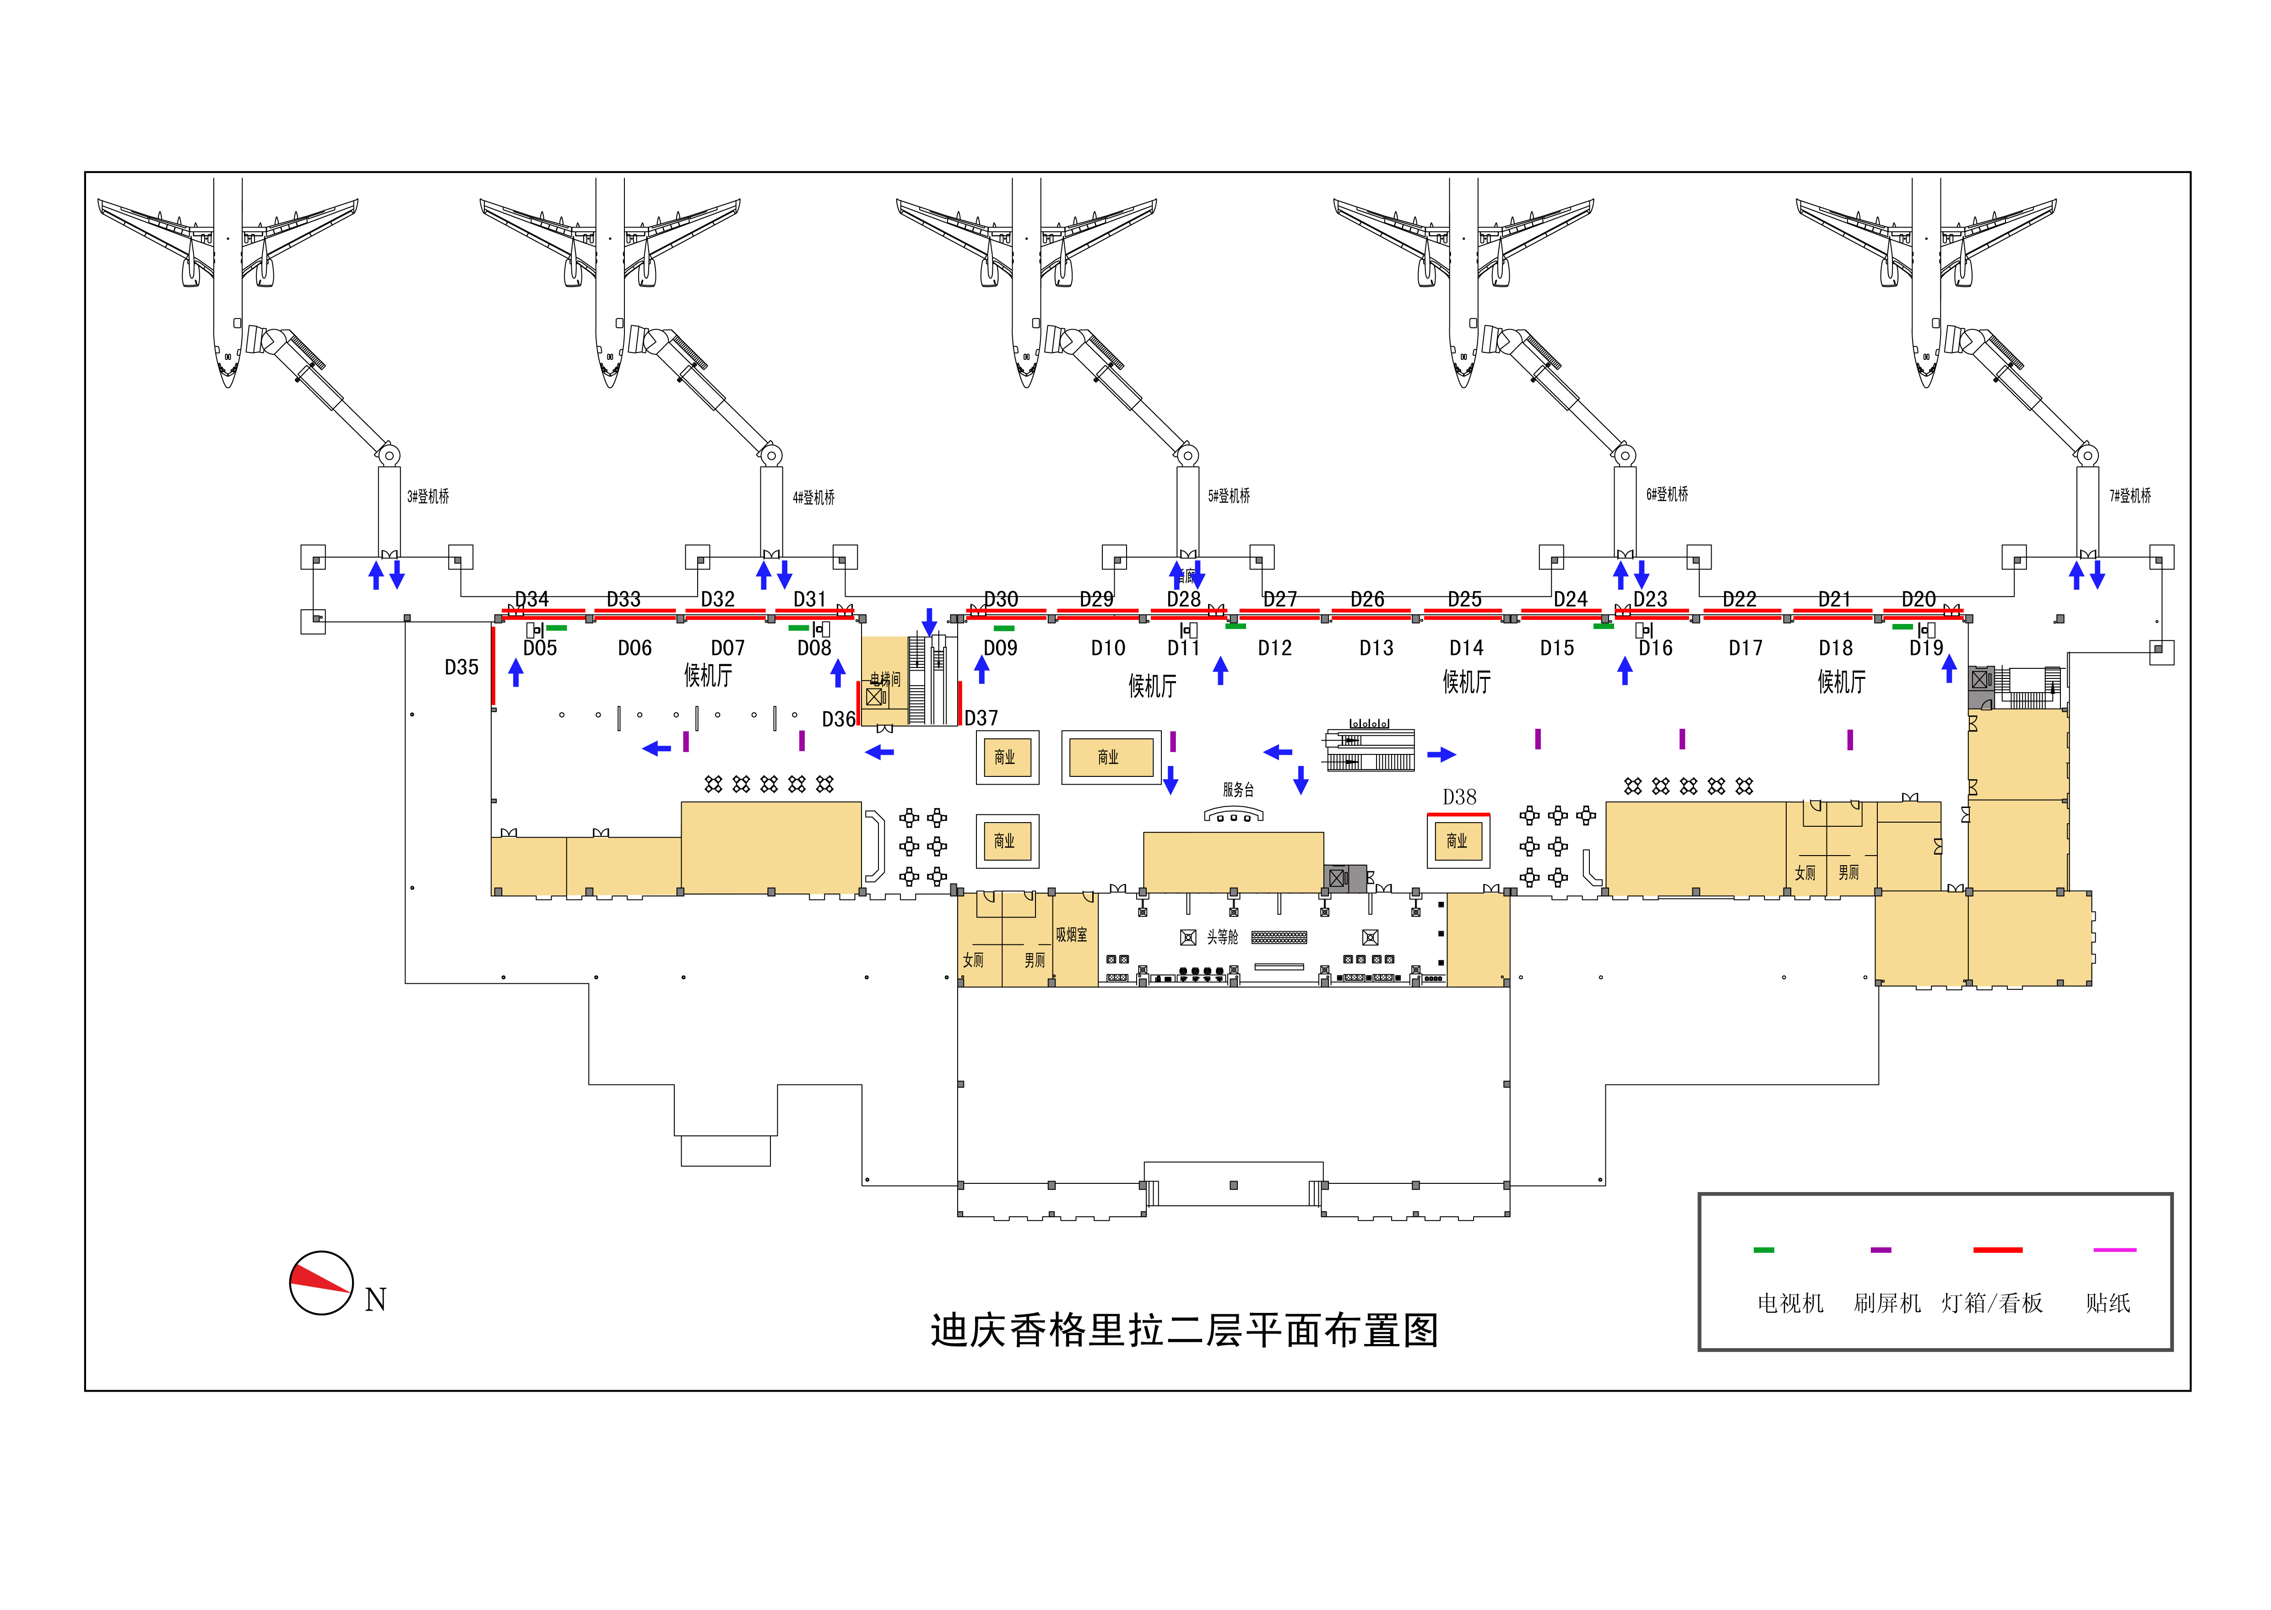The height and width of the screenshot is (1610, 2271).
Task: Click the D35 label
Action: pyautogui.click(x=461, y=667)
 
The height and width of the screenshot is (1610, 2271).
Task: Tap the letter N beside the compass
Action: pyautogui.click(x=375, y=1300)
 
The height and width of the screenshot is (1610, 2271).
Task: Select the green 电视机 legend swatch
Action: pyautogui.click(x=1763, y=1250)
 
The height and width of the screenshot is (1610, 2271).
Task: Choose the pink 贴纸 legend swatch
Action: pyautogui.click(x=2114, y=1250)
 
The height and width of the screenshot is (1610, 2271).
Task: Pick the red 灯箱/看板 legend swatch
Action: pyautogui.click(x=1997, y=1250)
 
